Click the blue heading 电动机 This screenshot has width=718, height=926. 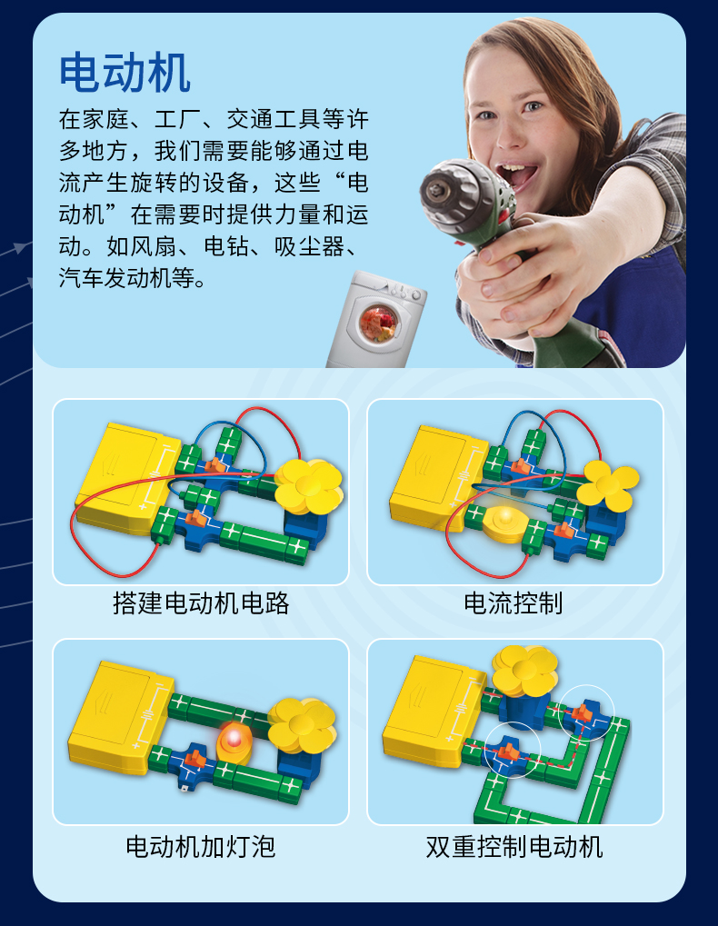click(x=125, y=73)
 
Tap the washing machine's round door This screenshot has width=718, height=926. click(x=378, y=323)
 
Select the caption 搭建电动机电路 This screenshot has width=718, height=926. click(x=201, y=603)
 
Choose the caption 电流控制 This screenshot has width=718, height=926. click(x=514, y=603)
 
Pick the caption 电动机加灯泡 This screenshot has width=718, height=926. click(x=201, y=846)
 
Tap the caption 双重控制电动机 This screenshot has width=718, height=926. click(x=514, y=846)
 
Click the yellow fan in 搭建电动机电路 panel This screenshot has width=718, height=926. click(x=309, y=486)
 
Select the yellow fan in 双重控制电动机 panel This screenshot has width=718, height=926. click(x=525, y=671)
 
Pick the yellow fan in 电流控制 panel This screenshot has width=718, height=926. click(x=608, y=485)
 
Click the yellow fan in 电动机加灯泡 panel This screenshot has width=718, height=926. click(x=302, y=725)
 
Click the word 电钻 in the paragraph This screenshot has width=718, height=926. click(x=225, y=246)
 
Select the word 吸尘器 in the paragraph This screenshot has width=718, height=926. click(x=308, y=246)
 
